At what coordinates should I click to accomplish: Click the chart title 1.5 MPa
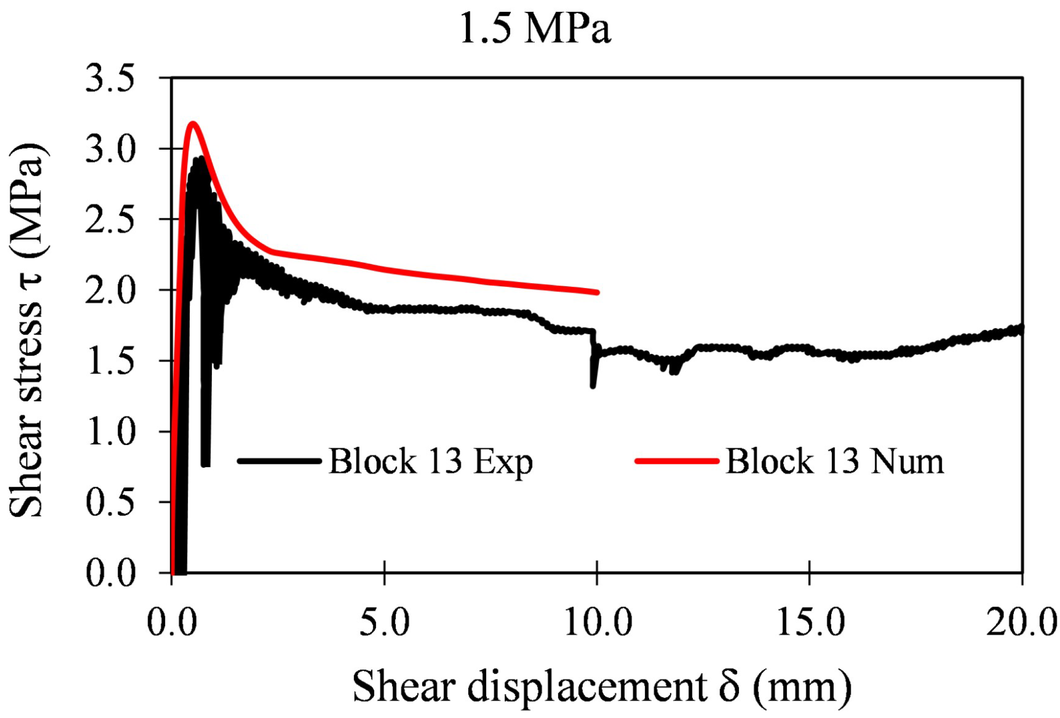click(535, 29)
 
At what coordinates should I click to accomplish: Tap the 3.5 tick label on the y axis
click(110, 78)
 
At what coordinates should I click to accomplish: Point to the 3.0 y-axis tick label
click(110, 149)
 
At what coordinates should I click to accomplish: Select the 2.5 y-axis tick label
click(110, 220)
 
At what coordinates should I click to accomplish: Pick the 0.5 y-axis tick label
click(110, 503)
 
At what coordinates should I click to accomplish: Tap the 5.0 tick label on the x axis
click(384, 622)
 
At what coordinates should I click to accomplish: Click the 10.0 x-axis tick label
click(597, 622)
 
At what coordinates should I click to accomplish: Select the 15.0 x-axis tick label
click(810, 622)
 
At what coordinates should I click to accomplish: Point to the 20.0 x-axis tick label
click(1021, 622)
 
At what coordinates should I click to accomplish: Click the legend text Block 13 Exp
click(430, 461)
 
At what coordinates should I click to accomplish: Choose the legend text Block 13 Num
click(834, 461)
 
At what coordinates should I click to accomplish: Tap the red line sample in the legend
click(677, 461)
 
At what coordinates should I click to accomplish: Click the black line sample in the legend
click(280, 461)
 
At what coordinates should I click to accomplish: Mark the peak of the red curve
click(193, 124)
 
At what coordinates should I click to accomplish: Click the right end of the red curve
click(596, 292)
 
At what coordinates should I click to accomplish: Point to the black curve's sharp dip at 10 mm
click(593, 385)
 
